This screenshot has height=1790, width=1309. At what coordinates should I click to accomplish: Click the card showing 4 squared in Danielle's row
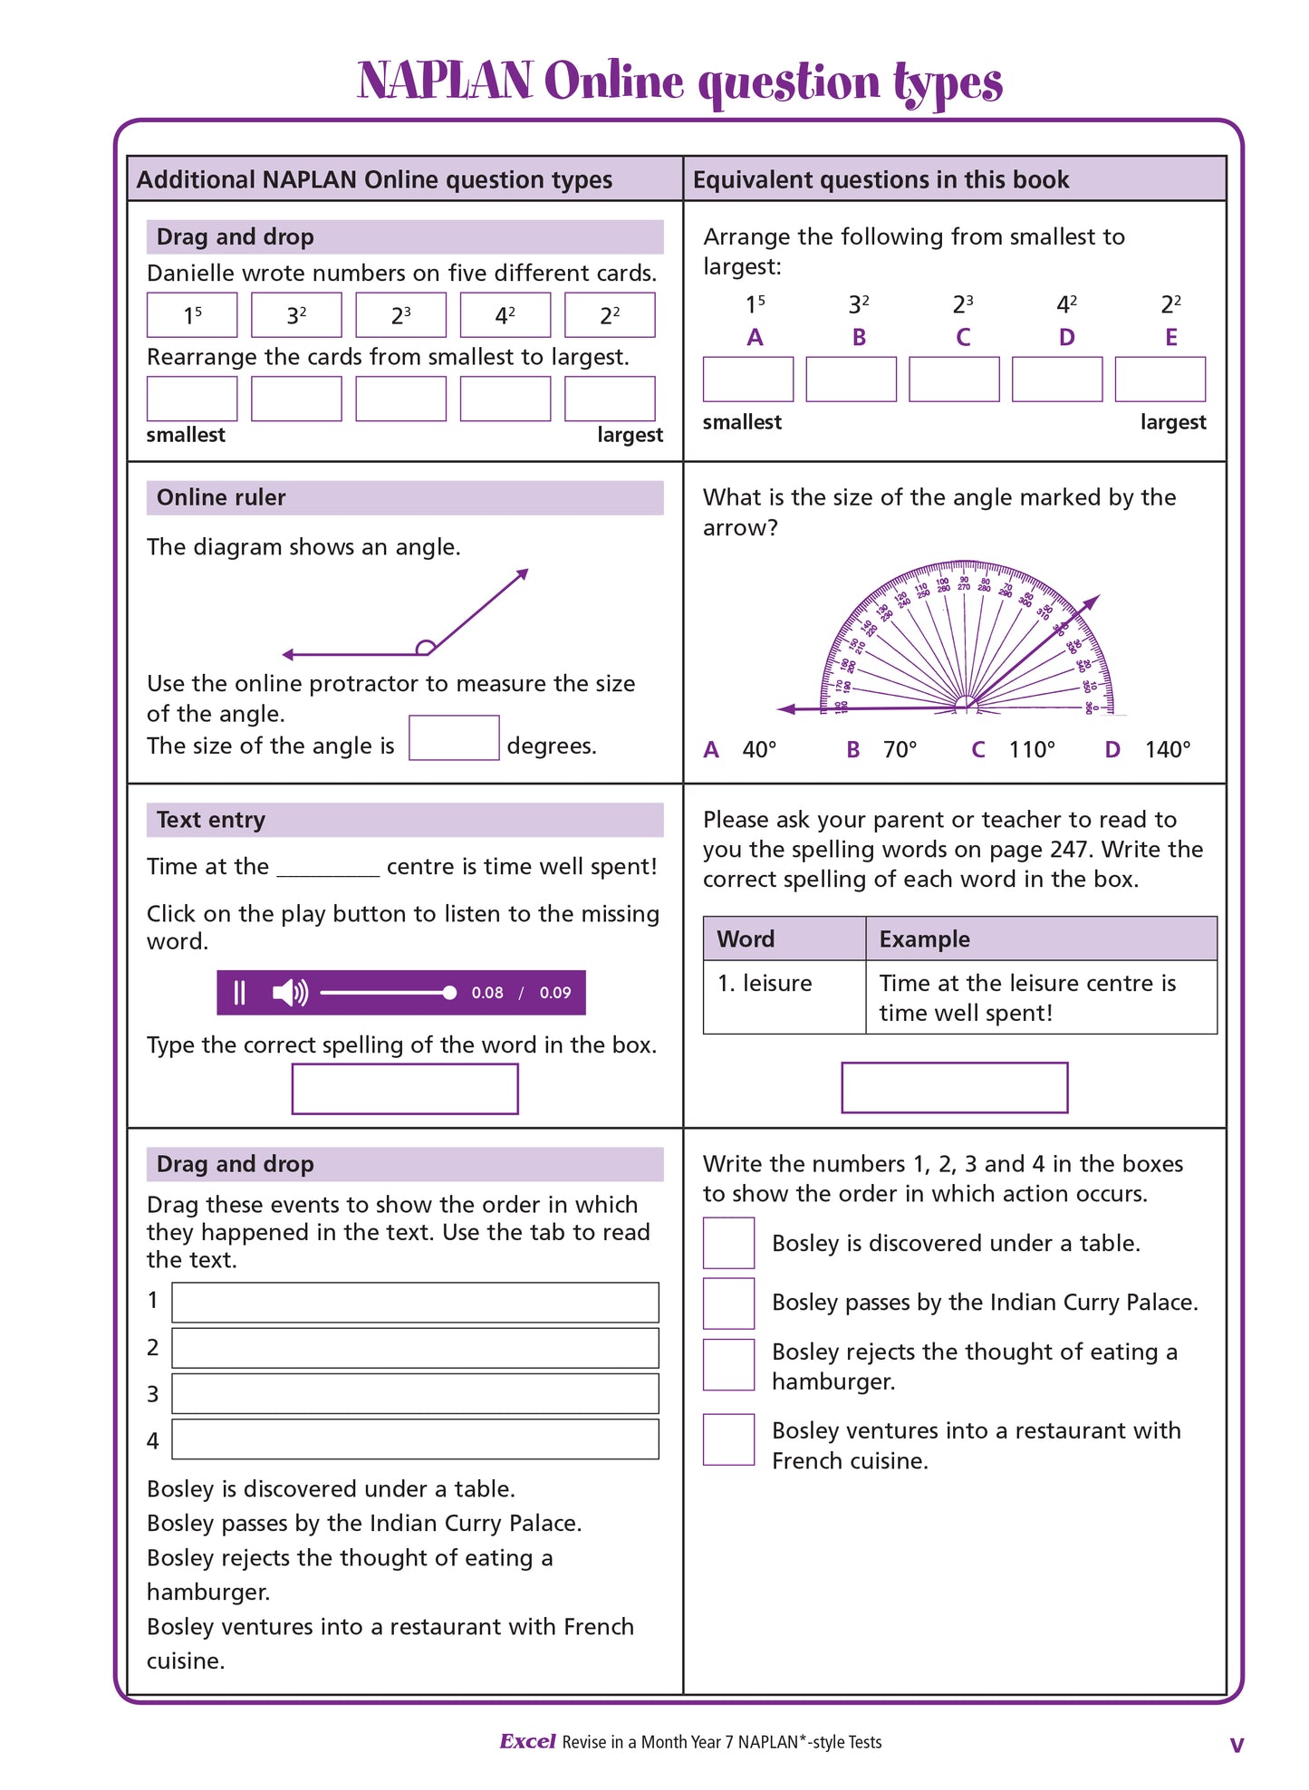[505, 315]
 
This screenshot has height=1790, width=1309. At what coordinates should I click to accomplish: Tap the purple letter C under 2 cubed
[963, 338]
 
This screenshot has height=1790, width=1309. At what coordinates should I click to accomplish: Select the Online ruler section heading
[222, 497]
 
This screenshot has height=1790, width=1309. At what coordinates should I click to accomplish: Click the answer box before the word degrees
[453, 738]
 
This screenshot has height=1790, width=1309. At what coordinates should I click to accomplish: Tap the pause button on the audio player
[240, 993]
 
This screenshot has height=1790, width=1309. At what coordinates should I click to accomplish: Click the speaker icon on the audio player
[290, 993]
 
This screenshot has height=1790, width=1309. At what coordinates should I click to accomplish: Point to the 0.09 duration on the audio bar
[555, 993]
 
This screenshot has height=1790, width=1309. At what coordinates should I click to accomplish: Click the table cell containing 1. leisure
[784, 996]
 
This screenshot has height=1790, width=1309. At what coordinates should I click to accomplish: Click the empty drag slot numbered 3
[415, 1394]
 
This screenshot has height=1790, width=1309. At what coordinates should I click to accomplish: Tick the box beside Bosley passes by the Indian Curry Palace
[728, 1304]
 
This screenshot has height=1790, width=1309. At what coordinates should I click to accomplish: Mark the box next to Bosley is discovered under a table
[728, 1243]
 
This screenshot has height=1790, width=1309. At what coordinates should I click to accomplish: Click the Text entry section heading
[211, 820]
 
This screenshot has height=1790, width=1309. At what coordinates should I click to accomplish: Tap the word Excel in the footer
[527, 1741]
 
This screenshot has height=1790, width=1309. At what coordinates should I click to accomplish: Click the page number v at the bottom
[1237, 1745]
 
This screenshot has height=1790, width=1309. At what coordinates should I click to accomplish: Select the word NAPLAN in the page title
[445, 82]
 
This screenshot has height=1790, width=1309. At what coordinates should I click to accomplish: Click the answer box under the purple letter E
[1160, 379]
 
